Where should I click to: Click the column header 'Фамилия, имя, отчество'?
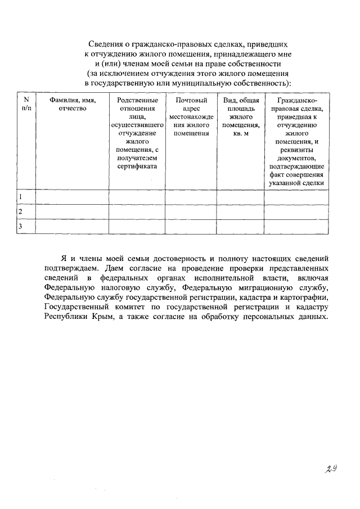(x=72, y=105)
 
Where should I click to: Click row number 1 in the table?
(x=21, y=197)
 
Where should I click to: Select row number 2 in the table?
(x=21, y=211)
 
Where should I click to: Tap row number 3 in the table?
(x=21, y=226)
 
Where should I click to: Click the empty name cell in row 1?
(x=72, y=197)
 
